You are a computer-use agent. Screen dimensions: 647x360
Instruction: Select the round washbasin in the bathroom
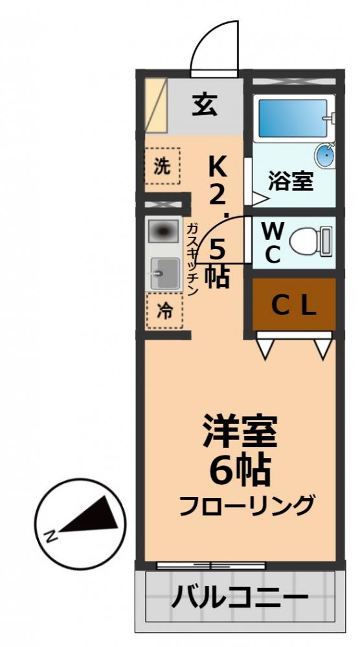325,156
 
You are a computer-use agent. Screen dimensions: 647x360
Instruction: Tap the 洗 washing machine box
162,166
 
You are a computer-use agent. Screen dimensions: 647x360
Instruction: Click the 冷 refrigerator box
164,311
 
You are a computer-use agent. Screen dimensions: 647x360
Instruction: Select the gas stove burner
164,231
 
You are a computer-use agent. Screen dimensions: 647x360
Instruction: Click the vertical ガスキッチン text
193,259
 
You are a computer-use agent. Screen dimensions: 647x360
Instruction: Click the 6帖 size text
239,470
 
